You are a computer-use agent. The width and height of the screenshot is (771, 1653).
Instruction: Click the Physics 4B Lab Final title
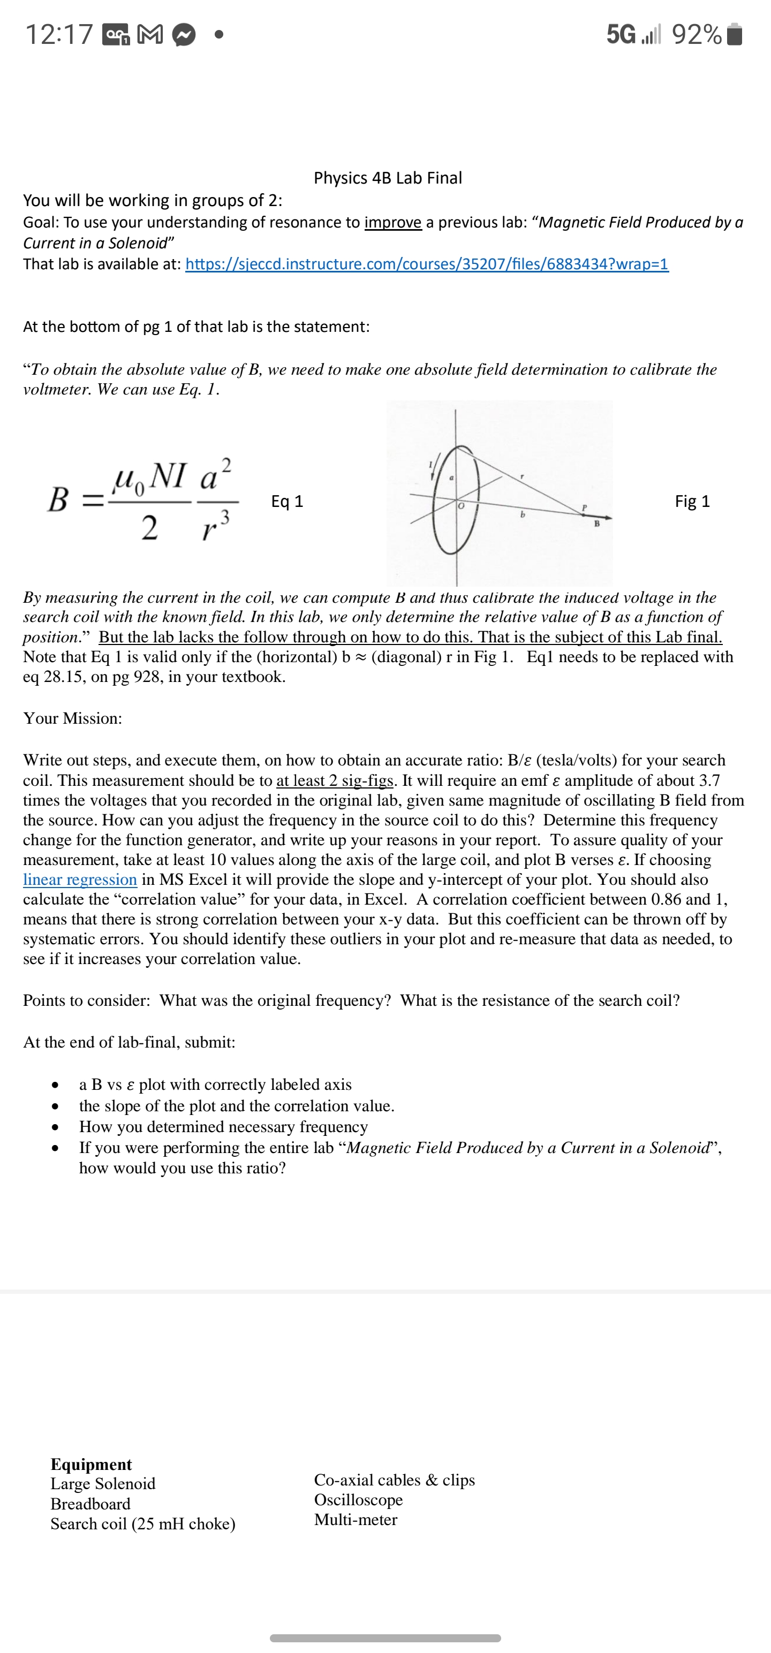[x=388, y=178]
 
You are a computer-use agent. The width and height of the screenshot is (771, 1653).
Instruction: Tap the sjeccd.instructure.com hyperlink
[x=427, y=264]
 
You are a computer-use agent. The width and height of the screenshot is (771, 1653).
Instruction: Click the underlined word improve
[x=393, y=222]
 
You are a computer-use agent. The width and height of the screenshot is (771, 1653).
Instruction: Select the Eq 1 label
[x=287, y=501]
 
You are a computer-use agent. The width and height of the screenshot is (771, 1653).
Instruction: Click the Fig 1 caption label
[x=692, y=501]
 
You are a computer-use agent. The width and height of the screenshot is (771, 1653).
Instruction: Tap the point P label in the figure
[x=584, y=507]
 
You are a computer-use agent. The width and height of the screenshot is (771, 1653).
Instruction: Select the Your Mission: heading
[x=72, y=718]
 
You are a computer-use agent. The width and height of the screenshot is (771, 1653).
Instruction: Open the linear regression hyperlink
[x=80, y=879]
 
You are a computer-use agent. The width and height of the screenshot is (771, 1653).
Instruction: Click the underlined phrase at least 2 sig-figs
[x=335, y=780]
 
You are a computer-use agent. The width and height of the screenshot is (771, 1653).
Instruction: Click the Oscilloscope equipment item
[x=358, y=1499]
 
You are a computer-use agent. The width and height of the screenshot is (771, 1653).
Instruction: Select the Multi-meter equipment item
[x=356, y=1520]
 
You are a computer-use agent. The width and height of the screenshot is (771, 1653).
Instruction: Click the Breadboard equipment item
[x=90, y=1504]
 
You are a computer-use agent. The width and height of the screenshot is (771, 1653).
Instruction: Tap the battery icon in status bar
[x=736, y=35]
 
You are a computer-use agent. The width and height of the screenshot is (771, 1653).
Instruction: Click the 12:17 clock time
[x=59, y=35]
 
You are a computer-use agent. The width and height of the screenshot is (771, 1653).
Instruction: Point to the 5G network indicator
[x=621, y=35]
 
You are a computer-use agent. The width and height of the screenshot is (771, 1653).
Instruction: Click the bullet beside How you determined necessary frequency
[x=57, y=1127]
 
